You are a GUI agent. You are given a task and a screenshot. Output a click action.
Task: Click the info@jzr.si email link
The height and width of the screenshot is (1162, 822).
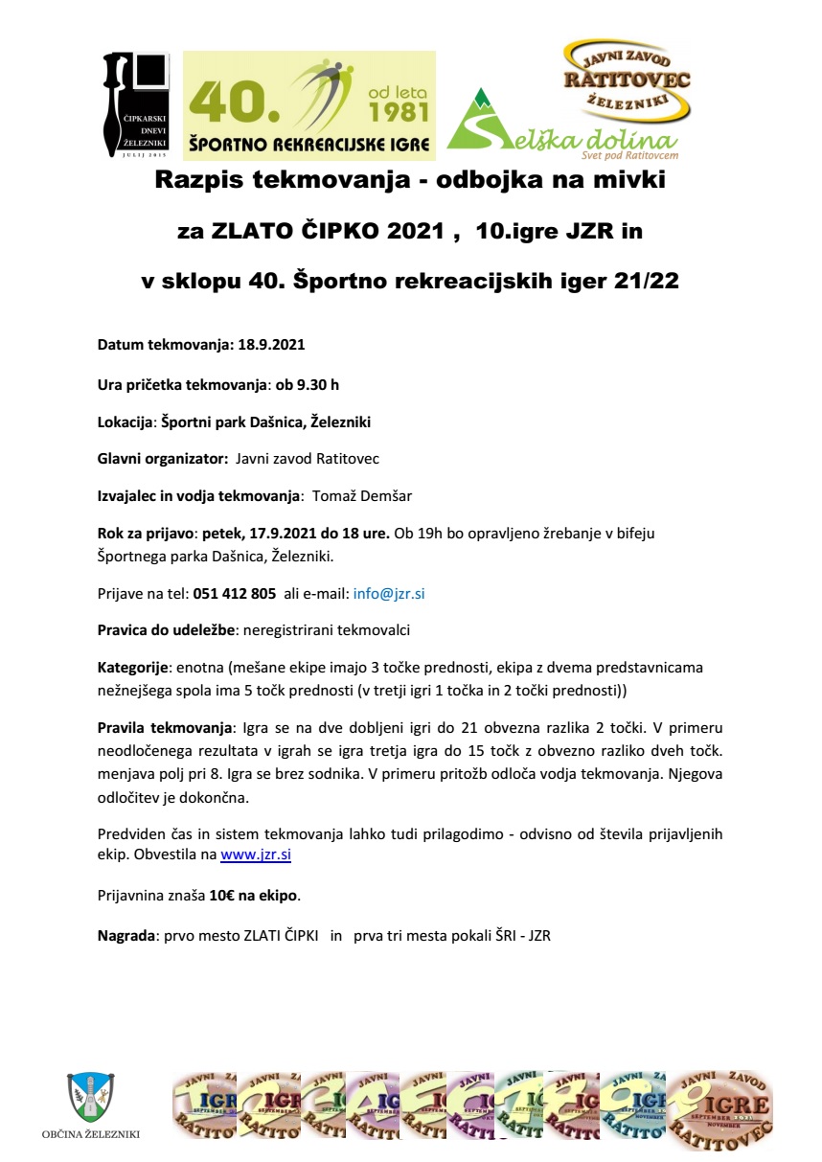(x=389, y=593)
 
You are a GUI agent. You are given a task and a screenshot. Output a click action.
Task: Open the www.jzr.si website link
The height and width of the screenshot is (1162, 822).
(x=256, y=853)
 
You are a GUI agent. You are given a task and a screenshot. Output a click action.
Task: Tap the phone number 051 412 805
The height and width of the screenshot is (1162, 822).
(x=235, y=593)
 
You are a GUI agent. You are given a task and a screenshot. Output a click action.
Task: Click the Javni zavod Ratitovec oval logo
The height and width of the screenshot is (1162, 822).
(x=626, y=81)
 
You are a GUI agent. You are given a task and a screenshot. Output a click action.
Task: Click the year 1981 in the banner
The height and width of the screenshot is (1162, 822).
(x=397, y=113)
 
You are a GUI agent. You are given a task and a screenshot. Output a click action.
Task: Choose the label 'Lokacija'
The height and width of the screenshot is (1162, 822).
(x=126, y=422)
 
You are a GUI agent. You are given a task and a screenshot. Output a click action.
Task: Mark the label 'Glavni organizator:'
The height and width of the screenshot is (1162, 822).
(x=163, y=459)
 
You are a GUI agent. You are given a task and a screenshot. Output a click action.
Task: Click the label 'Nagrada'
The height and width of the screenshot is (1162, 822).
(x=126, y=936)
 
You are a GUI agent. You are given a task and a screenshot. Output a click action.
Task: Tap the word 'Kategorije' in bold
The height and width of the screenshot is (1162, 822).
(x=133, y=666)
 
